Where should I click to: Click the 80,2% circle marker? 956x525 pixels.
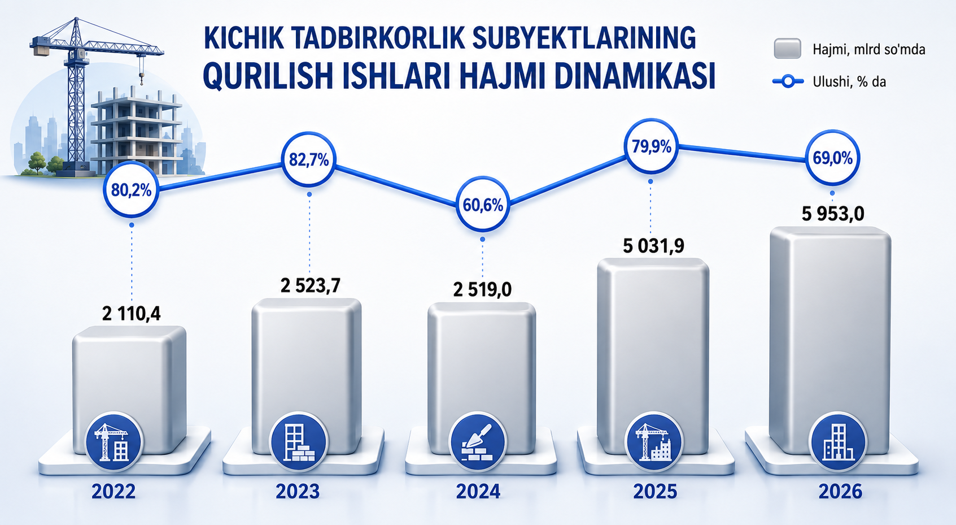click(132, 190)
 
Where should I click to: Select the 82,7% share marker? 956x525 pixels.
click(308, 159)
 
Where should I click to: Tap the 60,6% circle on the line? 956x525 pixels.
click(483, 205)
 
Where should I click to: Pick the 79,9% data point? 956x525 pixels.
click(651, 146)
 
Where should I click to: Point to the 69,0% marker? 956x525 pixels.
click(832, 158)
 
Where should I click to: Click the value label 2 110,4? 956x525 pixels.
click(132, 314)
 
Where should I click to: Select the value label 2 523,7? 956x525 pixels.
click(310, 285)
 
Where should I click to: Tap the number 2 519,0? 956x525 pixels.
click(482, 290)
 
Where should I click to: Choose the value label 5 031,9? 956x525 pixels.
click(653, 246)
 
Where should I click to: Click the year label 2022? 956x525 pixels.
click(114, 492)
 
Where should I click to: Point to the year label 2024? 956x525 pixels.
click(478, 492)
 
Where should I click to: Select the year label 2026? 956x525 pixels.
click(840, 492)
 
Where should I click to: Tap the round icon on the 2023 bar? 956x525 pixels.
click(298, 442)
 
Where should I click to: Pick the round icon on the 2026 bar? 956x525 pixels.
click(838, 442)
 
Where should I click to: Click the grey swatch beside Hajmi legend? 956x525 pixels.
click(787, 48)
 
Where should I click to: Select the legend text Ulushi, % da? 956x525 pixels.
click(849, 81)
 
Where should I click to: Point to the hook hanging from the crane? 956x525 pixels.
click(141, 79)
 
